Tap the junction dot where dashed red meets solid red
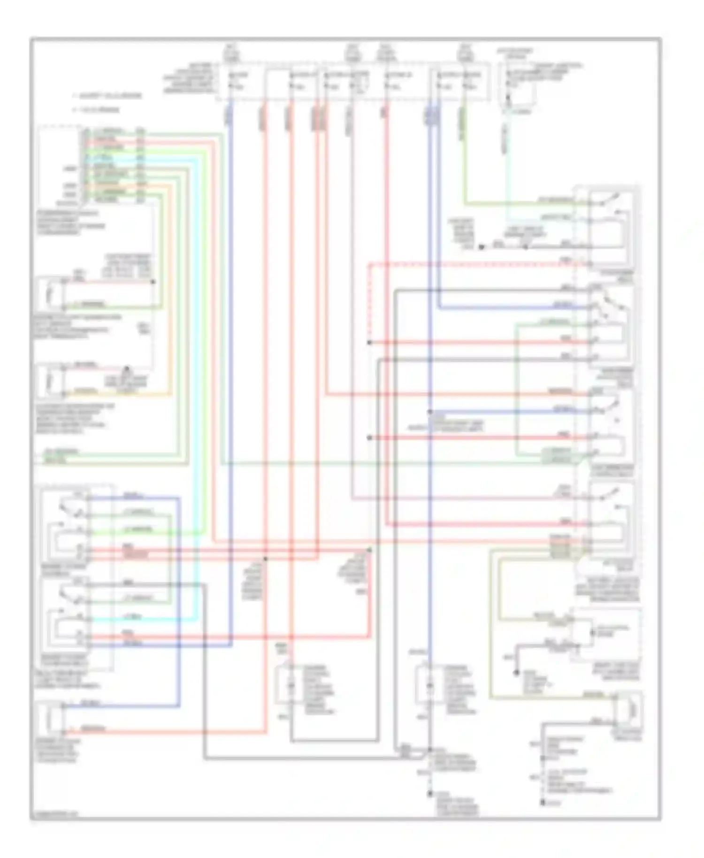click(369, 343)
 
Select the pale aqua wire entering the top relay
click(540, 218)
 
